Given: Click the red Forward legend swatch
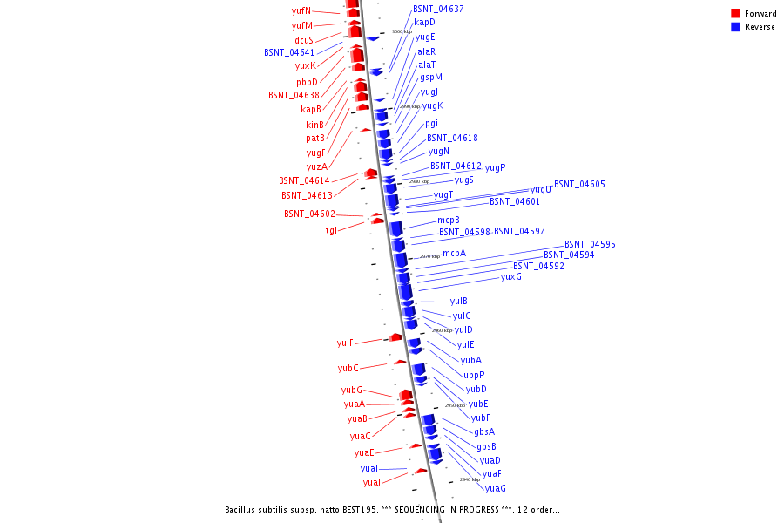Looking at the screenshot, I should pos(735,13).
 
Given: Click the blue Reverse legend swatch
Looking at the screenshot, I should pos(735,27).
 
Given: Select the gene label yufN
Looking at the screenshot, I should pos(301,10).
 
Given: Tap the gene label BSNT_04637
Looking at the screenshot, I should pos(438,9).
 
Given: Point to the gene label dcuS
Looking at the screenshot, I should pos(304,40).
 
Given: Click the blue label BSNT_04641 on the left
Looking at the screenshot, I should pos(289,52).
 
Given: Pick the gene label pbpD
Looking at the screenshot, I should pos(307,82).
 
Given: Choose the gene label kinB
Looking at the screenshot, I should pos(314,125).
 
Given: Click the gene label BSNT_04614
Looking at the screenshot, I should pos(304,180).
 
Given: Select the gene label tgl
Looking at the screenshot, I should pos(331,230).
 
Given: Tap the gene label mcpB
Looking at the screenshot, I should pos(449,220).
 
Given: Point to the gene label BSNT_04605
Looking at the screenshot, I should pos(579,184).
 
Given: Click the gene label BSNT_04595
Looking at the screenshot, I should pos(590,244).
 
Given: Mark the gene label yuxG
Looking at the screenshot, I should pos(511,276).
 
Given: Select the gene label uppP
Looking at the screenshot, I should pos(474,375).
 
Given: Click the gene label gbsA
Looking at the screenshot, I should pos(484,431).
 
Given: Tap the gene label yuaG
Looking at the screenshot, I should pos(496,488).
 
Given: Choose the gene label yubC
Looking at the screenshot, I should pos(348,368).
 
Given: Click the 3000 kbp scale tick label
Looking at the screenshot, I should pos(402,31).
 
